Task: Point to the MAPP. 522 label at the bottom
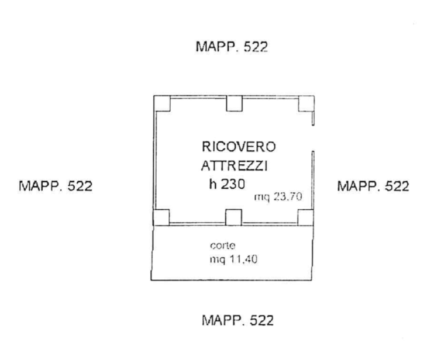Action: [237, 320]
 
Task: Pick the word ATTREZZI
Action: [234, 166]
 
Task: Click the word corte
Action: [222, 246]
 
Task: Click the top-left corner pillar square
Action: [162, 103]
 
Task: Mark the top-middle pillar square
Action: [234, 103]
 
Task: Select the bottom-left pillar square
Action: [162, 217]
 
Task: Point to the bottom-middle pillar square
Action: [234, 217]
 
